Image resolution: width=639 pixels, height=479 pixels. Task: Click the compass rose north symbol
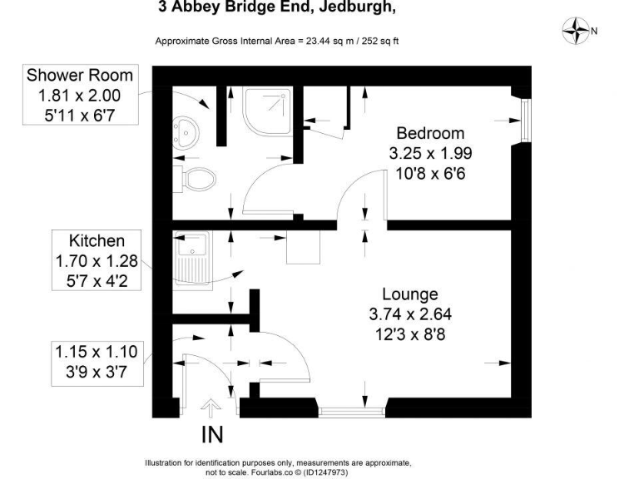576,32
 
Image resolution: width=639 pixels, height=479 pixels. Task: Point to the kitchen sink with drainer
192,258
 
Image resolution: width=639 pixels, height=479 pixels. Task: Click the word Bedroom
430,133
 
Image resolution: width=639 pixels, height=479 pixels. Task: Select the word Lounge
410,294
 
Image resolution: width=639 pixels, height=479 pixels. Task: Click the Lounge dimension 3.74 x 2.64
410,314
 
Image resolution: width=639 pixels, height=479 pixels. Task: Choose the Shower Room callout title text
80,75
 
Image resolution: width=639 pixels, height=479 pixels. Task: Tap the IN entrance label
211,434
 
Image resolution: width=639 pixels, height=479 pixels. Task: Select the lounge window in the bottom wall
351,409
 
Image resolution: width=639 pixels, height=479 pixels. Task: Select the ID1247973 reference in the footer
329,472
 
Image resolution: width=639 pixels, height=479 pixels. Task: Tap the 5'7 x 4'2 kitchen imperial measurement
97,283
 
